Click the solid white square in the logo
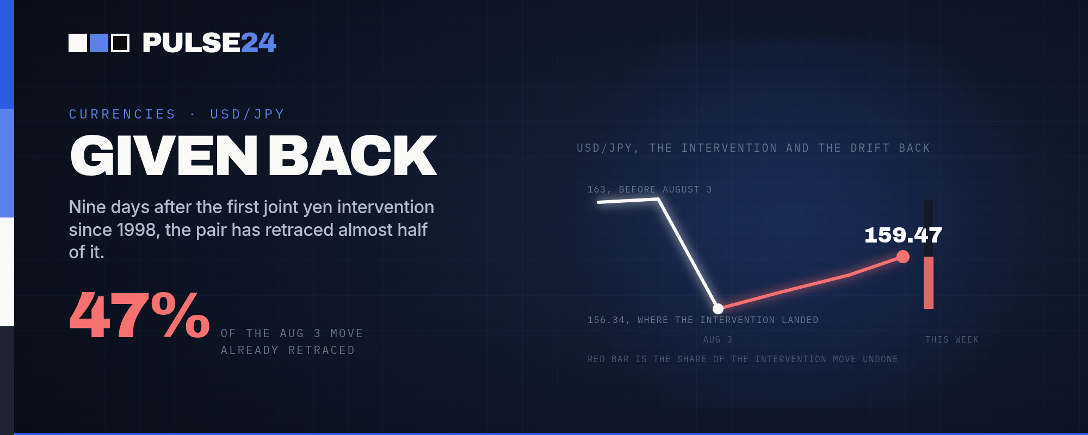click(x=78, y=43)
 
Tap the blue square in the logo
click(x=99, y=43)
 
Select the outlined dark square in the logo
click(x=120, y=43)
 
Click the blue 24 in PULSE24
click(x=258, y=43)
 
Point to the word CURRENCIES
click(x=122, y=114)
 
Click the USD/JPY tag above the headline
click(x=248, y=114)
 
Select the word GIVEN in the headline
click(x=164, y=156)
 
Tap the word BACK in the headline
click(x=353, y=156)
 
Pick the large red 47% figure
click(x=140, y=315)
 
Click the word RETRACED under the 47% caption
click(x=322, y=350)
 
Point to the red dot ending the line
click(x=903, y=257)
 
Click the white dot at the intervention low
click(x=718, y=309)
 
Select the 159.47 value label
click(x=903, y=235)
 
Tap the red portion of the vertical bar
click(x=929, y=283)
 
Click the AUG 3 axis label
click(x=718, y=339)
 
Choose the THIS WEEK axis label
click(x=952, y=339)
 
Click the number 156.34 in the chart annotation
click(x=606, y=320)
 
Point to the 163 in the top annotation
click(x=596, y=189)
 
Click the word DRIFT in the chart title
click(x=870, y=148)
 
